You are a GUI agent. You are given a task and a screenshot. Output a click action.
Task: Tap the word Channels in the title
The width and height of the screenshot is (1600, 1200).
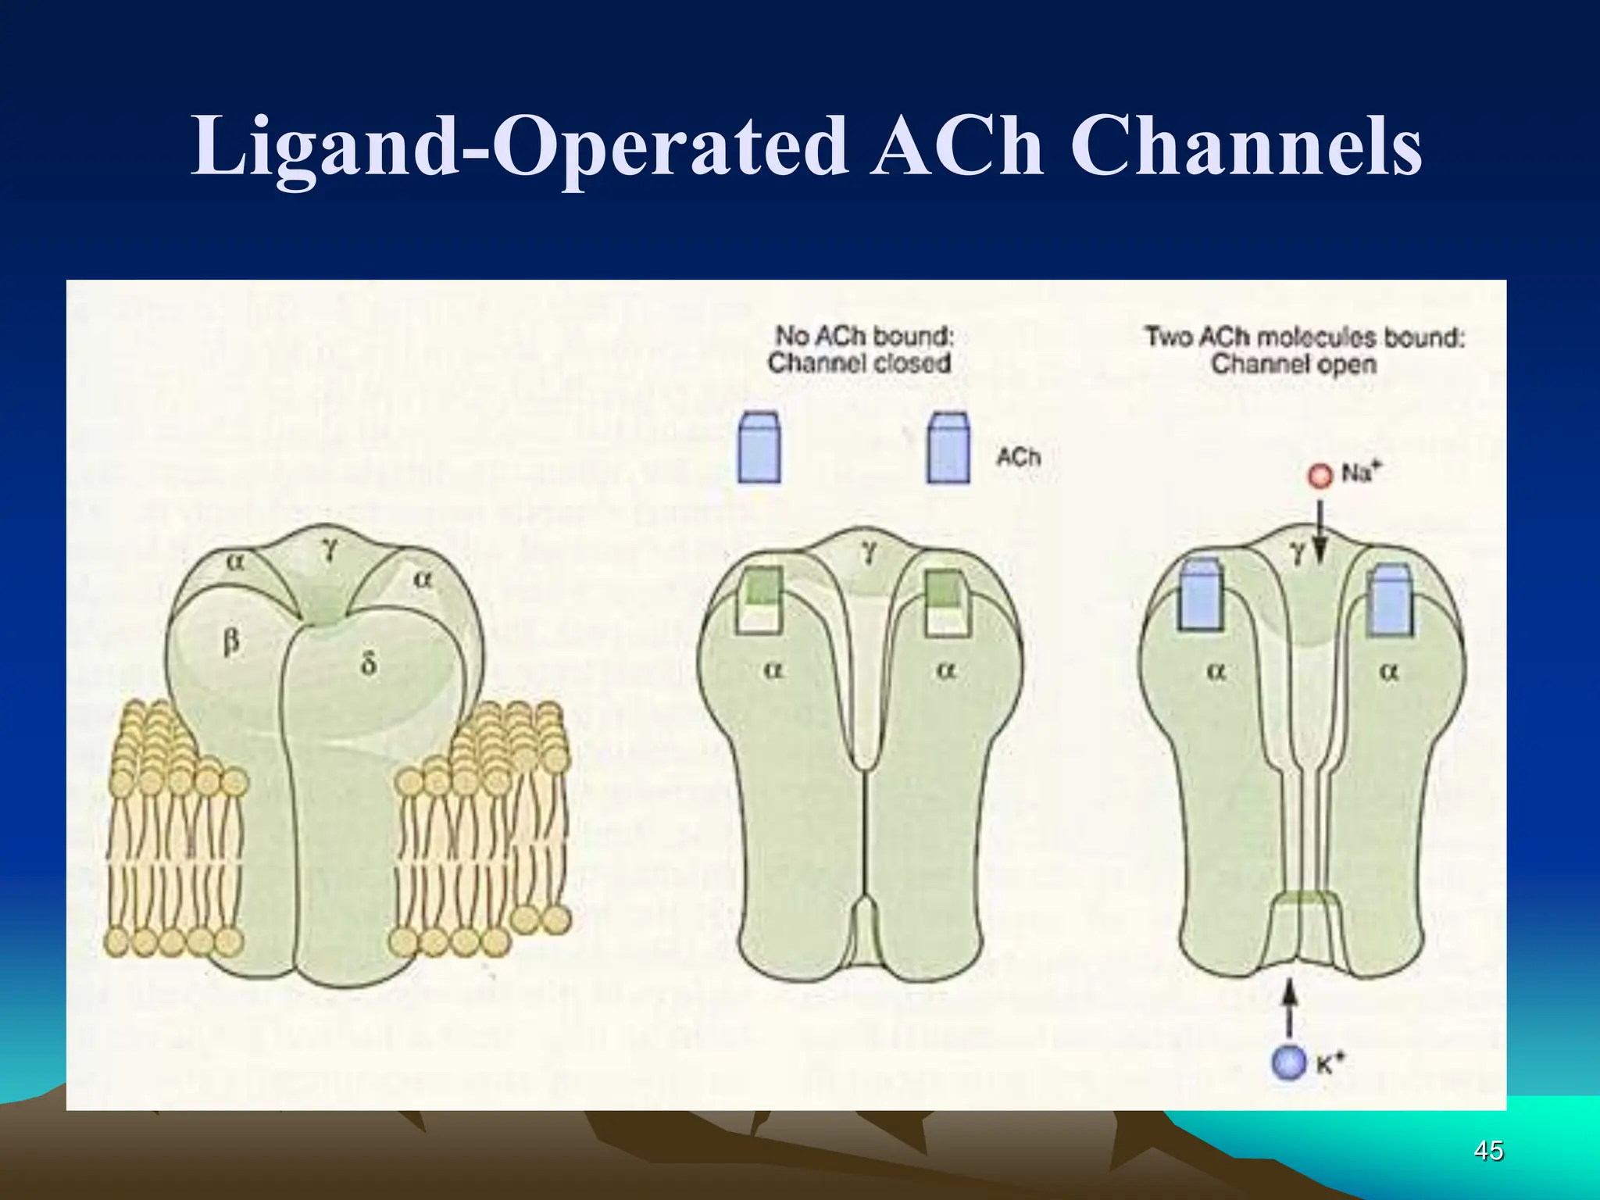1245,146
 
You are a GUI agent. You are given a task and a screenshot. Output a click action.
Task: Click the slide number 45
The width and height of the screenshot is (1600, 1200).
1488,1151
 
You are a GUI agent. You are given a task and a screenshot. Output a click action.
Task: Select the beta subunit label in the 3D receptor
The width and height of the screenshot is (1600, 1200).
231,644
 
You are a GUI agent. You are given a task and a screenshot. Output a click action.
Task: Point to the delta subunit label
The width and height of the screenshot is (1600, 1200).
368,663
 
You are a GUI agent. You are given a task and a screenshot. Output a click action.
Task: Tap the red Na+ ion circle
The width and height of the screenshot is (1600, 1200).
1320,476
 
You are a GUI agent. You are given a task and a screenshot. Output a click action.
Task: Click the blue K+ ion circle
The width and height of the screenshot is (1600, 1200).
1289,1064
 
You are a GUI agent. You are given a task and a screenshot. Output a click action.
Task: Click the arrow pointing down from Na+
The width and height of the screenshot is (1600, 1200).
1320,531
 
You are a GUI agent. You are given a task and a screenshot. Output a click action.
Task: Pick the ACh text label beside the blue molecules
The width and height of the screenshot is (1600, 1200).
1018,456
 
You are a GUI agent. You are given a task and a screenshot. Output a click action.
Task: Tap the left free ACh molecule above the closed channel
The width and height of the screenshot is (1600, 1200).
759,448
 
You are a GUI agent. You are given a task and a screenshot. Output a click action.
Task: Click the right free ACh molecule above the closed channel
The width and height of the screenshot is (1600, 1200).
948,448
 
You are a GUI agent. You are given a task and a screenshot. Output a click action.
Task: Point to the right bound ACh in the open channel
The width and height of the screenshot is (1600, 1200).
1391,598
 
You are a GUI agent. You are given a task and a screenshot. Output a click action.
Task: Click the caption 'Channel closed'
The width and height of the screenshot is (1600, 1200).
859,363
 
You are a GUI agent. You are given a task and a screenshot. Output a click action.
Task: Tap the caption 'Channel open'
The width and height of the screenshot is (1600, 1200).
1293,364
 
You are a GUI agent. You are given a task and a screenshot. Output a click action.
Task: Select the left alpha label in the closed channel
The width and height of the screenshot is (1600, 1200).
771,670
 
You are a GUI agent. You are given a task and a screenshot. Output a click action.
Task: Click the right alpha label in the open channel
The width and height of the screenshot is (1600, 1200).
1388,670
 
